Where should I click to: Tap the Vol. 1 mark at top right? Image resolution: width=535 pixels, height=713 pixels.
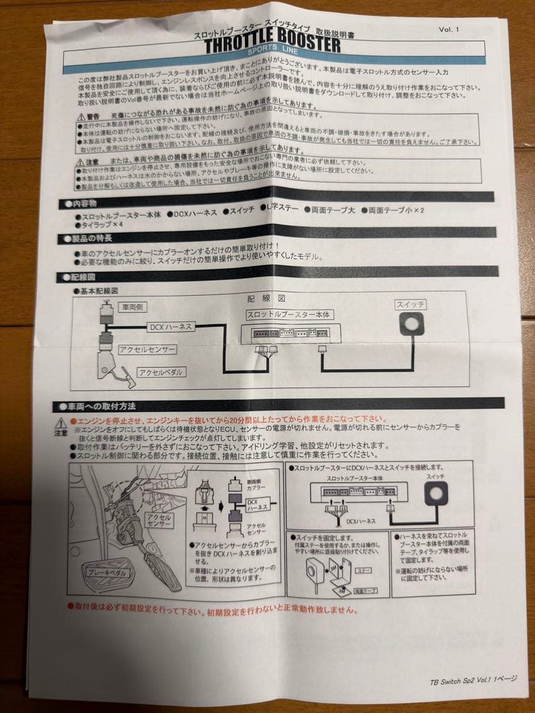pyautogui.click(x=448, y=29)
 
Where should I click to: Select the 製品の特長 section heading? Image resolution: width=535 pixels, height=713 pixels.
pyautogui.click(x=86, y=238)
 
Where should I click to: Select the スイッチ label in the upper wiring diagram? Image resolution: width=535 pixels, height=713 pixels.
pyautogui.click(x=410, y=304)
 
